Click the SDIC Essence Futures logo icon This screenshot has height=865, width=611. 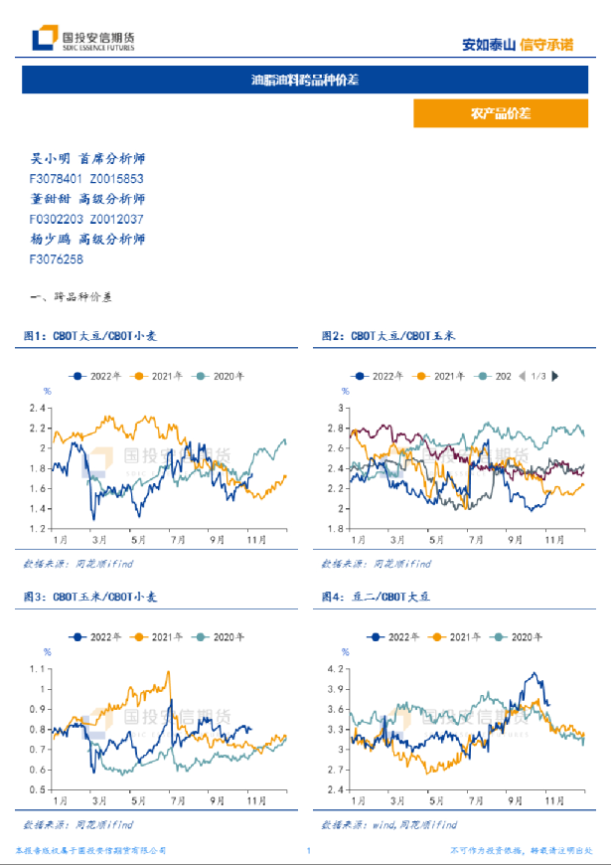coord(44,39)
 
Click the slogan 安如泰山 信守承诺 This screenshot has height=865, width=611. coord(519,44)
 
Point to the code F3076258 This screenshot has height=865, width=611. coord(57,259)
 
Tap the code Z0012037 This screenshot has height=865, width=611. coord(117,219)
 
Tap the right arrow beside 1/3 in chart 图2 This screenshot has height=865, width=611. coord(554,376)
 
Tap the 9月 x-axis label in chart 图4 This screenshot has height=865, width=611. coord(515,799)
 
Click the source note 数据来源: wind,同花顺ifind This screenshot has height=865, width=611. coord(389,825)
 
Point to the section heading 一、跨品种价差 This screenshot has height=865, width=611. coord(73,297)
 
